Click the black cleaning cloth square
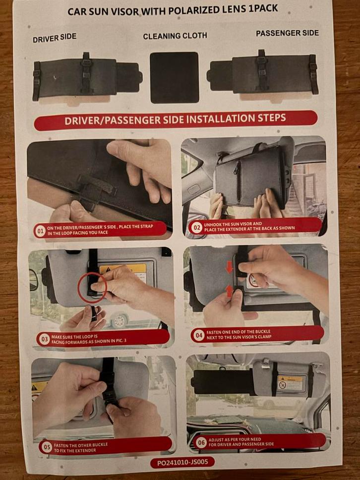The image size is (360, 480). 174,77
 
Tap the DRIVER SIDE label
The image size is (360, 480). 55,38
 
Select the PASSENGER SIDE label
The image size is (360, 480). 287,34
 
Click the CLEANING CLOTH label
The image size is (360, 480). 175,36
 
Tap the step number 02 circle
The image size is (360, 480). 196,228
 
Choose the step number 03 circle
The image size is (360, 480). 43,339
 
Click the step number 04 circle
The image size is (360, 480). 199,335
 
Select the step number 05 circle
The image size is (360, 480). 47,447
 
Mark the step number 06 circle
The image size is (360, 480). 200,442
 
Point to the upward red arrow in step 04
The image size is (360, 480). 230,291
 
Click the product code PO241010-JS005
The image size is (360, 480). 182,462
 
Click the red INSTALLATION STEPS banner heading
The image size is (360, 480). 175,120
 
